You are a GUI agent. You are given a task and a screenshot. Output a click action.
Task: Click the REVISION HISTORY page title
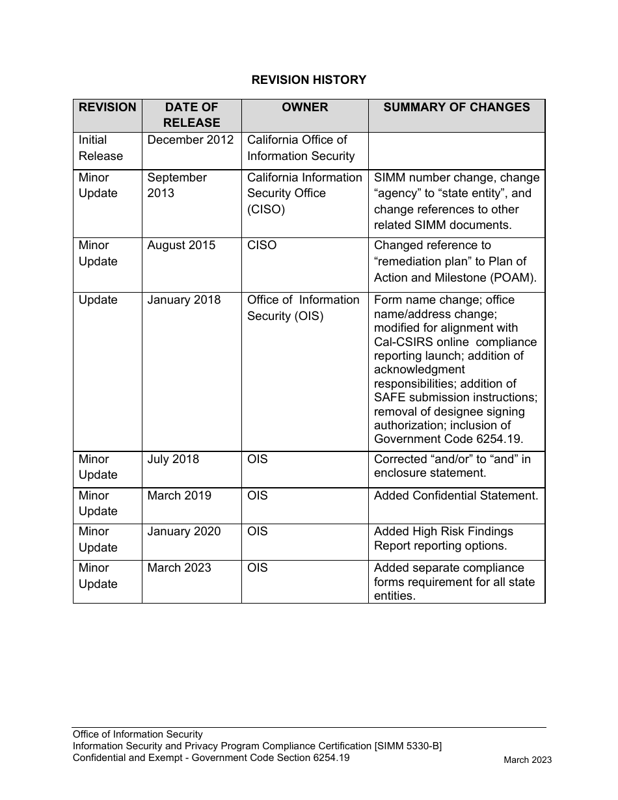tap(309, 80)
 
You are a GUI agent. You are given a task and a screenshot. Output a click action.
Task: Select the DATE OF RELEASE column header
tap(191, 115)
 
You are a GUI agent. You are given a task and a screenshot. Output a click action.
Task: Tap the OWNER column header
tap(304, 107)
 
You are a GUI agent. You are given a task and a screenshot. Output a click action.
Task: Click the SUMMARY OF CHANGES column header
tap(456, 107)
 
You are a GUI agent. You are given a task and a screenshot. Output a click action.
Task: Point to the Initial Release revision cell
tap(101, 148)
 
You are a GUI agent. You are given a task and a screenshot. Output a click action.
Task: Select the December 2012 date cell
tap(191, 140)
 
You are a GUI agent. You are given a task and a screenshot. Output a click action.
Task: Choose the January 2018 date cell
tap(184, 300)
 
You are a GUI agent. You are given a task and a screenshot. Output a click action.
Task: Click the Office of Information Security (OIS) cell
tap(303, 308)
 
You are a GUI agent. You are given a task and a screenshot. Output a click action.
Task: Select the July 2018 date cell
tap(173, 459)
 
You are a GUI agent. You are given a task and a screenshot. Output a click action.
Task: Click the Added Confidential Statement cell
tap(456, 496)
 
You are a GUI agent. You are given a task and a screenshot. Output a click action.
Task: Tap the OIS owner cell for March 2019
tap(258, 496)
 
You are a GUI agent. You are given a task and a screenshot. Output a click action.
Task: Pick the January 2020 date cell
tap(184, 531)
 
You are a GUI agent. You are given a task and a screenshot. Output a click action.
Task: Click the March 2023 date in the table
tap(180, 568)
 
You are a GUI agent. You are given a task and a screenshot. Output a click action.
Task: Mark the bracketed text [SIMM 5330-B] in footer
tap(408, 746)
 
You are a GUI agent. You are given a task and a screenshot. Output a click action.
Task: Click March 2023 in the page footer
tap(528, 760)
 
